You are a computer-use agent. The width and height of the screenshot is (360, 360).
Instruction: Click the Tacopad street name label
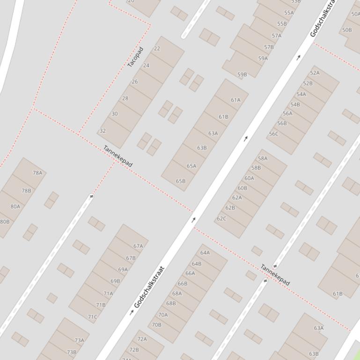(135, 57)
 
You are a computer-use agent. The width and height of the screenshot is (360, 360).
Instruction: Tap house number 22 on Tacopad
(157, 49)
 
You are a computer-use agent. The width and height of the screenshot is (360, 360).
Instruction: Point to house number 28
(125, 99)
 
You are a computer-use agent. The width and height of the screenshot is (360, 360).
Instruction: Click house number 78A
(37, 173)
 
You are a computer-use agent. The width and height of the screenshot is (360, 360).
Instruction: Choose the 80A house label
(15, 207)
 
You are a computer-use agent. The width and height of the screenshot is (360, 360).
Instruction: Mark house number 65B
(181, 181)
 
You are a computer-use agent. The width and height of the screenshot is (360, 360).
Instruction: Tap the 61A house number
(235, 100)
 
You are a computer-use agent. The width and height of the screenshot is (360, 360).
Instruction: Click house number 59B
(242, 75)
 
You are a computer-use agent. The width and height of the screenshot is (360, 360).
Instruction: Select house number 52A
(315, 73)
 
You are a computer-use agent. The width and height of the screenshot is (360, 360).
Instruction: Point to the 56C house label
(273, 134)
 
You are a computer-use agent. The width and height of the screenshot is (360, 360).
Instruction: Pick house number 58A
(263, 158)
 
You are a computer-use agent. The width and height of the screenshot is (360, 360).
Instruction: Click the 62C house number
(221, 219)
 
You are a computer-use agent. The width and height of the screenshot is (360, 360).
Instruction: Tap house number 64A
(205, 253)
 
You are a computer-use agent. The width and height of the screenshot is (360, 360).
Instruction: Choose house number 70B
(156, 325)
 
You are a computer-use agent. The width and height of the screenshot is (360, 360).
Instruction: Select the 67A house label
(138, 246)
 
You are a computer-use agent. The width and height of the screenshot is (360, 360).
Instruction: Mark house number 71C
(93, 317)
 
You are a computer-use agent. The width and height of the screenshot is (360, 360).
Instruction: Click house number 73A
(79, 340)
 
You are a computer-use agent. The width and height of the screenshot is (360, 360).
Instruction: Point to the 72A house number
(142, 339)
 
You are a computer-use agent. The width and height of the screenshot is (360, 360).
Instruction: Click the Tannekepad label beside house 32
(118, 157)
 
